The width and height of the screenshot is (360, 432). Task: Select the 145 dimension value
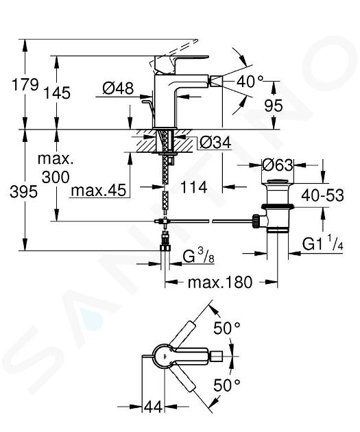(58, 93)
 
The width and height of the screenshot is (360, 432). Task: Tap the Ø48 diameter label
(118, 88)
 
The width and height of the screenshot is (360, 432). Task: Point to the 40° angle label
(250, 82)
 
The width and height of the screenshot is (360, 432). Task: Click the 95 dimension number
(273, 105)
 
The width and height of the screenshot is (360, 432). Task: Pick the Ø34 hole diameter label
(215, 143)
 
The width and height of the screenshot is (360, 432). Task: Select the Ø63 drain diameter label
(277, 165)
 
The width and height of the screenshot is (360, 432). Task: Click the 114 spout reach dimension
(193, 187)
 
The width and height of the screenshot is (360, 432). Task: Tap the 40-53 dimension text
(322, 195)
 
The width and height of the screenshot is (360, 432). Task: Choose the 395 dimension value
(23, 191)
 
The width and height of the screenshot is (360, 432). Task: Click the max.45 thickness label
(99, 190)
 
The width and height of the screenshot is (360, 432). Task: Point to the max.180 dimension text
(220, 282)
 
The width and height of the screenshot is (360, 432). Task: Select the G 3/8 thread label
(199, 256)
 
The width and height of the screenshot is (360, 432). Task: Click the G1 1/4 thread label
(322, 243)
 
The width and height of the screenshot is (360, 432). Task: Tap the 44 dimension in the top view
(153, 407)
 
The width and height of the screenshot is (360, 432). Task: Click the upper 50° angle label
(227, 328)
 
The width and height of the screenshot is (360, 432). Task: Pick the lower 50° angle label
(227, 385)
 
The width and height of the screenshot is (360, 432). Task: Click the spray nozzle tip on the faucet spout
(216, 82)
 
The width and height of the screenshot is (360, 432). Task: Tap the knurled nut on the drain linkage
(256, 221)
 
